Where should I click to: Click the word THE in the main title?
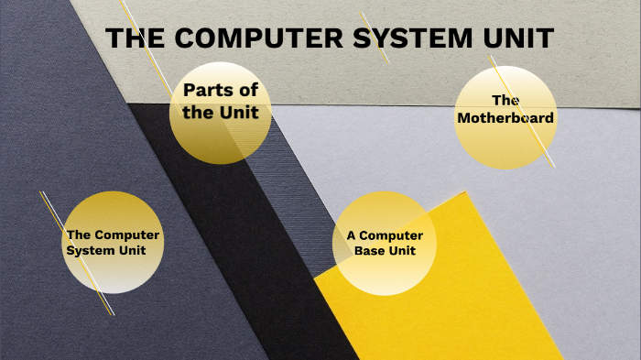(x=135, y=39)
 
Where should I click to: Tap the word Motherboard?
(x=505, y=117)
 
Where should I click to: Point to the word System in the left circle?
(x=87, y=250)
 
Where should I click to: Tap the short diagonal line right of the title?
(x=375, y=37)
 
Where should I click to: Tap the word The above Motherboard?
(x=505, y=100)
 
